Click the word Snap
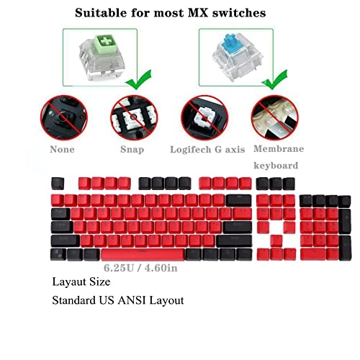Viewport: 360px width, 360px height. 131,150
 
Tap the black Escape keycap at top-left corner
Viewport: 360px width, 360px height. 58,182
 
